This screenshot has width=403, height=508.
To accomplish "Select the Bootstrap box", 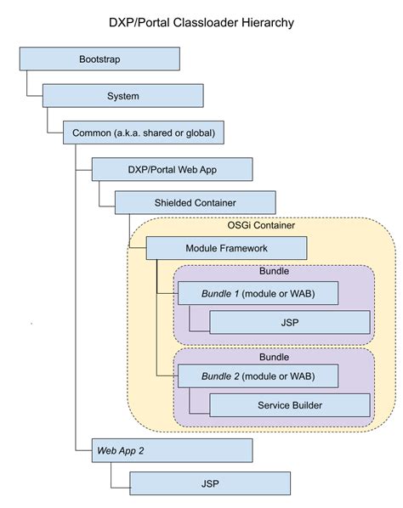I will pos(99,59).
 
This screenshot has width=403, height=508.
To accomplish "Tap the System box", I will pos(122,96).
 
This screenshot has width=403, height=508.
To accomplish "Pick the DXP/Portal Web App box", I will pos(172,169).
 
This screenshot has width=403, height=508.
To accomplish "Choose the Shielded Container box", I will pos(195,202).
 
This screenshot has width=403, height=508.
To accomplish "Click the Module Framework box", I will pos(226,248).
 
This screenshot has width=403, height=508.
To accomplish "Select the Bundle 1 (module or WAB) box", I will pos(257,293).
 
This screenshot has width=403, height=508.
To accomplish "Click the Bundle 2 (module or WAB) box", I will pos(257,375).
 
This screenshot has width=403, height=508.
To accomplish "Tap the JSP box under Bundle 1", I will pos(289,322).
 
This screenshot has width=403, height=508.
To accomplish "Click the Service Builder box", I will pos(289,404).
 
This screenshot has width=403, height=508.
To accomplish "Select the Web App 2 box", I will pos(172,450).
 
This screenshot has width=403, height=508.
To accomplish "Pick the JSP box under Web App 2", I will pos(209,483).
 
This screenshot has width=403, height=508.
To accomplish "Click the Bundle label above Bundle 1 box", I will pos(274,273).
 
